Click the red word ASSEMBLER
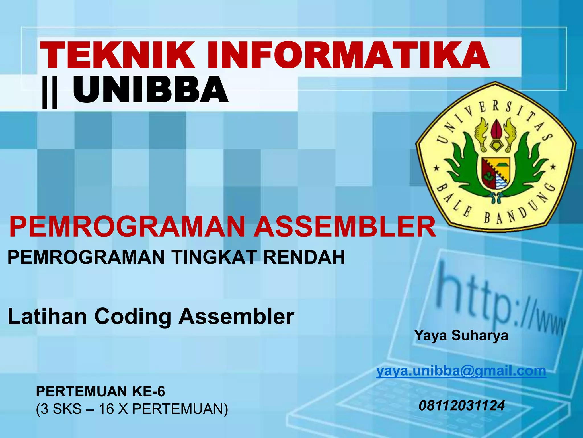pyautogui.click(x=344, y=227)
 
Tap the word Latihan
pyautogui.click(x=47, y=317)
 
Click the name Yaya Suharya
pyautogui.click(x=461, y=335)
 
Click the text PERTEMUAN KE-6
pyautogui.click(x=100, y=391)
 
